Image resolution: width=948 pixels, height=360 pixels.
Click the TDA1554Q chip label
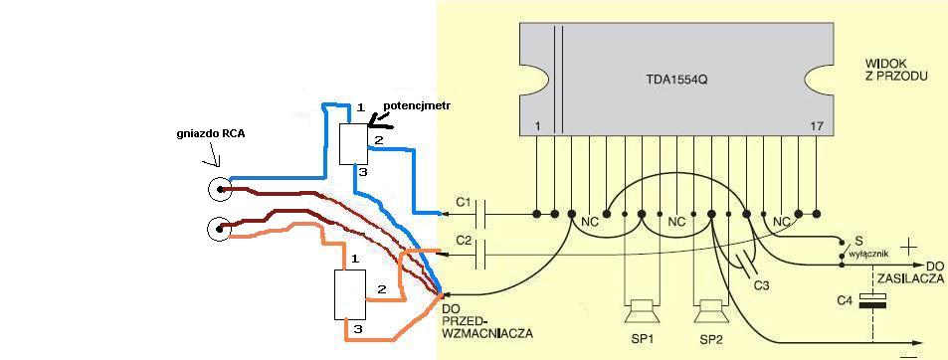pyautogui.click(x=673, y=80)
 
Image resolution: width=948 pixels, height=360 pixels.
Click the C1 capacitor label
pyautogui.click(x=464, y=204)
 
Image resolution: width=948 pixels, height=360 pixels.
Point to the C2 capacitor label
pyautogui.click(x=464, y=241)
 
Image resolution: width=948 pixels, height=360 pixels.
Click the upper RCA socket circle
pyautogui.click(x=219, y=190)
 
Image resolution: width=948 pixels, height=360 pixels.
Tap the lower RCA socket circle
pyautogui.click(x=219, y=229)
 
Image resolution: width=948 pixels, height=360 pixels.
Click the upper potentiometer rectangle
pyautogui.click(x=353, y=144)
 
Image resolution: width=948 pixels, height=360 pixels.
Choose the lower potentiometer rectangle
pyautogui.click(x=350, y=294)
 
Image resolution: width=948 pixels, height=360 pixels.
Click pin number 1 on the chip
pyautogui.click(x=537, y=126)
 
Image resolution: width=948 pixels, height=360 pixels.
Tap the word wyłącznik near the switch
pyautogui.click(x=869, y=254)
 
